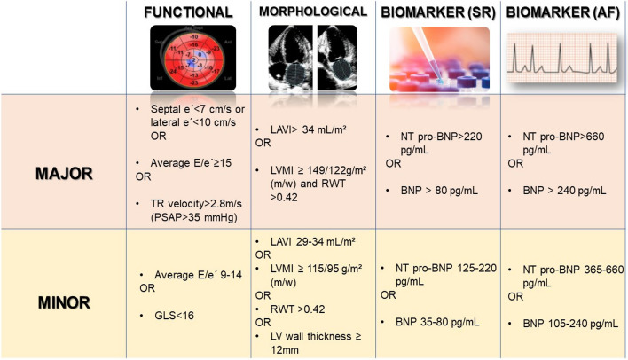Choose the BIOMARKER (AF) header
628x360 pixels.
click(562, 12)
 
